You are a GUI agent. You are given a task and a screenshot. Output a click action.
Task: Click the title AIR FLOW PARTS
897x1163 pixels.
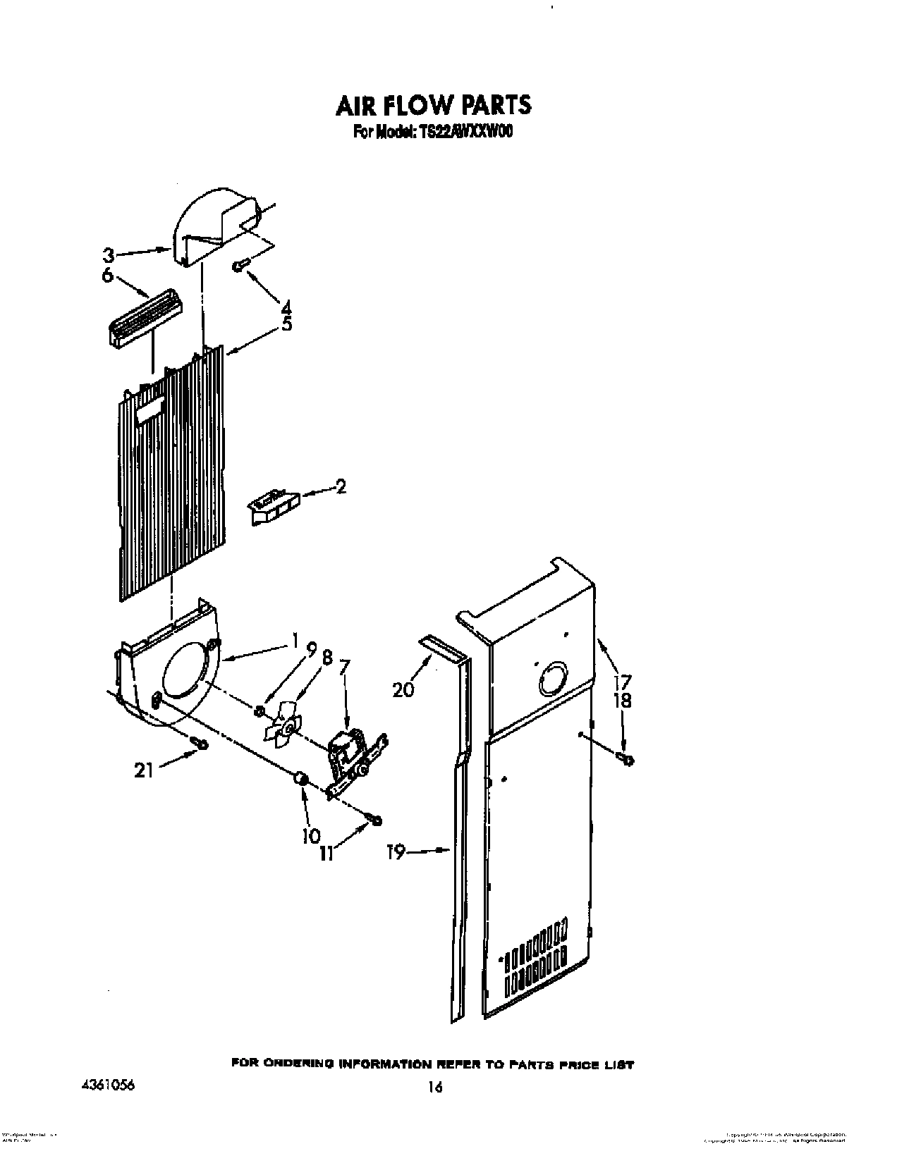point(433,105)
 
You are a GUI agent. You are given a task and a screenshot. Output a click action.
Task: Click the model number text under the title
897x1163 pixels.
point(432,132)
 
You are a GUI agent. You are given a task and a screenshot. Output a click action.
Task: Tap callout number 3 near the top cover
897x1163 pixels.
point(108,254)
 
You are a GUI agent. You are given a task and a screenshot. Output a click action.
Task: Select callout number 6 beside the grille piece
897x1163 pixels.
point(107,276)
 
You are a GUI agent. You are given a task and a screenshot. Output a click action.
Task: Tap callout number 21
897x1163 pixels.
point(143,771)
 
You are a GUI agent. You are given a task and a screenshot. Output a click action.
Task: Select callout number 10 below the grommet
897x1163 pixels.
point(311,835)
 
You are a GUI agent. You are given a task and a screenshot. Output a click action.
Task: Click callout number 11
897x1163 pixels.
point(325,853)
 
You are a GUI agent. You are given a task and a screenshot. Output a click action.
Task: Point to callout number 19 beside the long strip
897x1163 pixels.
point(397,852)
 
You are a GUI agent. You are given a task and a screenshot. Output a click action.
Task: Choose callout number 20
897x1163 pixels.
point(403,689)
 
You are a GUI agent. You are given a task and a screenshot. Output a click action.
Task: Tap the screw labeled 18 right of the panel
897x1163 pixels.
point(625,759)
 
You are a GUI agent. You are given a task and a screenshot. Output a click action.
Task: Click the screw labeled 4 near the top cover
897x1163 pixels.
point(240,265)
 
